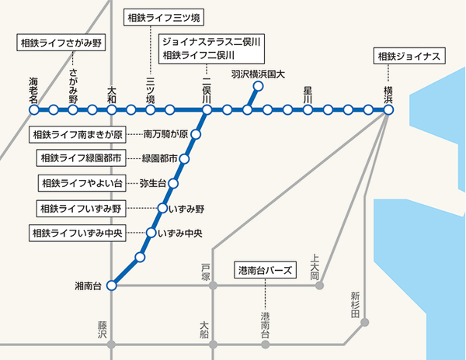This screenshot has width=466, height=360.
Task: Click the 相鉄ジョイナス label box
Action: [x=409, y=57]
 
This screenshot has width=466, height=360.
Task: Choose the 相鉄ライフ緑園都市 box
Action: [x=82, y=159]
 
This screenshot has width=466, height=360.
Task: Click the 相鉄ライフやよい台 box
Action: [x=82, y=184]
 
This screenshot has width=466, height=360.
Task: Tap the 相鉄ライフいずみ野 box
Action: [x=82, y=209]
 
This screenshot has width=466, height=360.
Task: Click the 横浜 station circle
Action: [x=388, y=110]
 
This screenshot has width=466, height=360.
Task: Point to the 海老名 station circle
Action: [x=34, y=110]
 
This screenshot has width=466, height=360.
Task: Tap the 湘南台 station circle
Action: [x=111, y=286]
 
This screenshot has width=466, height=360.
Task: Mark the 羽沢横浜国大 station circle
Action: [x=258, y=86]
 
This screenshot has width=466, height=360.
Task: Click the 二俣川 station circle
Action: [x=207, y=110]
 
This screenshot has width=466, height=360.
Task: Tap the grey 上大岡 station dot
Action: [x=320, y=286]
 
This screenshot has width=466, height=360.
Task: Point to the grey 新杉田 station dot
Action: [x=365, y=320]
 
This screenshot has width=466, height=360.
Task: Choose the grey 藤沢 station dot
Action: [x=111, y=344]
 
